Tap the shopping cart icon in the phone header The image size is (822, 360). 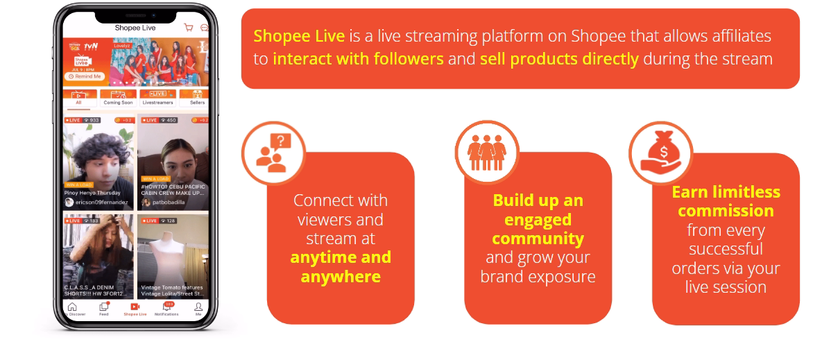(x=188, y=28)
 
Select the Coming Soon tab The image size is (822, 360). (x=118, y=98)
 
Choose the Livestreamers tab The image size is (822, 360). (x=157, y=98)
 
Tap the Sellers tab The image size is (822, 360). (x=196, y=98)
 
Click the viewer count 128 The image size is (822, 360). (x=170, y=221)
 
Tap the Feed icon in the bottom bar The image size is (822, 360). (x=104, y=309)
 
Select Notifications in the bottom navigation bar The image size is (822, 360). (x=166, y=309)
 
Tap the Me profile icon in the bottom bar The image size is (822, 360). (x=198, y=309)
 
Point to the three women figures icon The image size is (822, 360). (x=487, y=152)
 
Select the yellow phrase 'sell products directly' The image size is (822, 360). (x=559, y=59)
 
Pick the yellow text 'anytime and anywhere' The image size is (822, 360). (x=341, y=267)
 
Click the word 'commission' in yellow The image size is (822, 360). (x=725, y=211)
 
